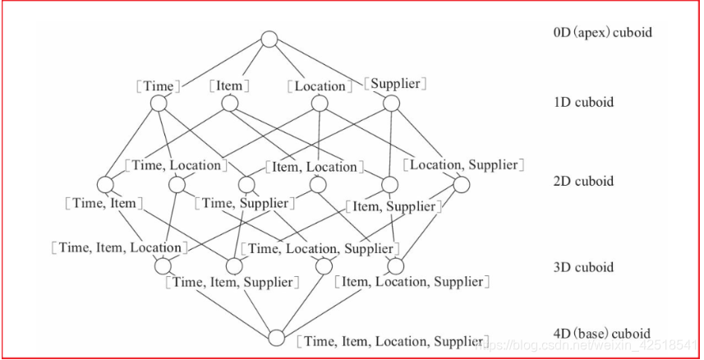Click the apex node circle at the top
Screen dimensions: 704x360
point(270,39)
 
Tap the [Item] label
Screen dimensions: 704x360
point(229,85)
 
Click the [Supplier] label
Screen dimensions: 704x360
point(394,84)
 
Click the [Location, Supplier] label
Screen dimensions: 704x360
point(463,165)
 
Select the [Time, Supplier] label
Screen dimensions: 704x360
point(245,203)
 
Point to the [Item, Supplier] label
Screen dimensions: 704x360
point(391,206)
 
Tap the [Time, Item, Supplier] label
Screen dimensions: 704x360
point(232,282)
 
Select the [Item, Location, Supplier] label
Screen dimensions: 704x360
point(412,282)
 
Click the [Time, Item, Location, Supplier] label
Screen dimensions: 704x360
point(393,341)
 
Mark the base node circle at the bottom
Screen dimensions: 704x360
point(277,338)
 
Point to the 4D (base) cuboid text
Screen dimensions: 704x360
point(602,335)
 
